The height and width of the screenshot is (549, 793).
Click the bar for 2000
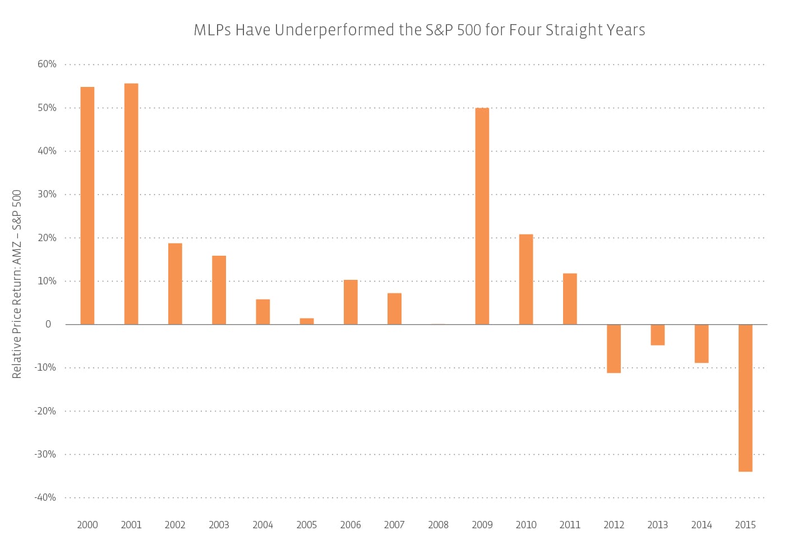(x=87, y=205)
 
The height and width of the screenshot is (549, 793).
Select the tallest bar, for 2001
(x=131, y=204)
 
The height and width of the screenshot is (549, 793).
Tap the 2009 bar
(x=482, y=216)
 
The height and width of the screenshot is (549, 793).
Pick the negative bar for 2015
(x=745, y=398)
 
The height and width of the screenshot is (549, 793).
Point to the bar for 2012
(x=614, y=348)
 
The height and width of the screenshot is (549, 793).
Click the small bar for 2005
(x=307, y=321)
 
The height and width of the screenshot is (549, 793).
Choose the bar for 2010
(x=526, y=279)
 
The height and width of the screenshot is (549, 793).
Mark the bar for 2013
(x=657, y=335)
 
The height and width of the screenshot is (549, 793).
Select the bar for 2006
(x=351, y=302)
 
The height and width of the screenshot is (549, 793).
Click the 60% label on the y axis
(x=47, y=64)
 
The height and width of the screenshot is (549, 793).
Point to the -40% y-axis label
(x=45, y=497)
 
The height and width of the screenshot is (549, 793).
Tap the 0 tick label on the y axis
(x=48, y=324)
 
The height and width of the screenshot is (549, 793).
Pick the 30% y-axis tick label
(x=47, y=194)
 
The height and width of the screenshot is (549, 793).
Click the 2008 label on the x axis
(x=438, y=525)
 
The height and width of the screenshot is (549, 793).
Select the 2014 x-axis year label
(x=701, y=525)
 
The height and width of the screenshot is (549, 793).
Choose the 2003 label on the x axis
(x=219, y=525)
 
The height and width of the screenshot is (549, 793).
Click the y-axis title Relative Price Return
(x=17, y=284)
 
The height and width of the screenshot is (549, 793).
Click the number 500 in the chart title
(x=469, y=30)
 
